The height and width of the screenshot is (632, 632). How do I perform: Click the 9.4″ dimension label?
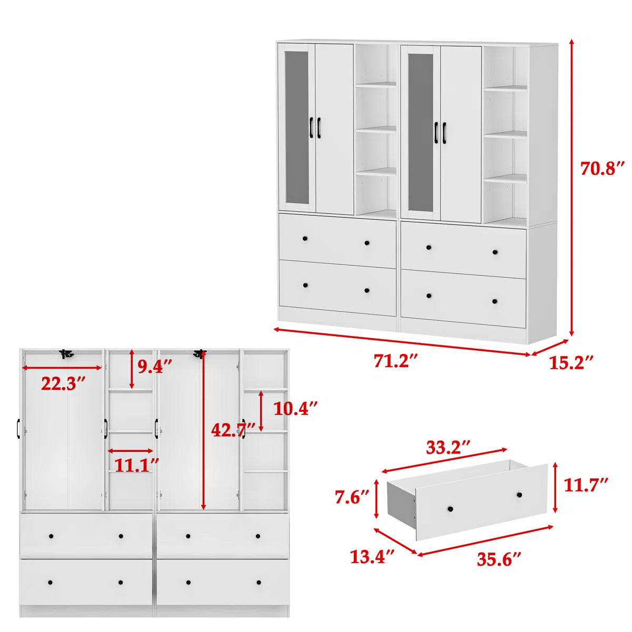154,366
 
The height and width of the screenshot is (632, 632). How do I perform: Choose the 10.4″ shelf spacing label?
295,408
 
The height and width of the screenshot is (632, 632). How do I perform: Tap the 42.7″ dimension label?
233,430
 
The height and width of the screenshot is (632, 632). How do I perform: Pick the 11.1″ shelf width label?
136,465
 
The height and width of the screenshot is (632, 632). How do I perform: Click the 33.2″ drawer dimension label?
448,447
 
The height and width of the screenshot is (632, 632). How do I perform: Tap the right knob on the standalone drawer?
519,495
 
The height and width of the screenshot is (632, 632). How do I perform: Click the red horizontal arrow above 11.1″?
131,451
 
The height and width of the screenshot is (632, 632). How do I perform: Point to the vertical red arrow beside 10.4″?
261,411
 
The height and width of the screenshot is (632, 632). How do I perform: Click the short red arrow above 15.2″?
550,347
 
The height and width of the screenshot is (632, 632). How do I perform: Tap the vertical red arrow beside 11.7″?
555,487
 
